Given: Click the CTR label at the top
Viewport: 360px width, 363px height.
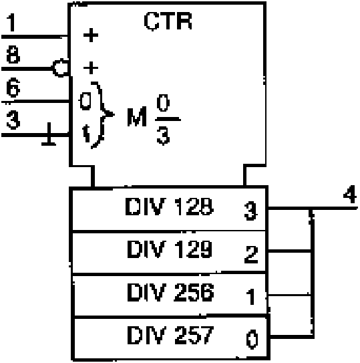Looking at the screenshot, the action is coord(168,21).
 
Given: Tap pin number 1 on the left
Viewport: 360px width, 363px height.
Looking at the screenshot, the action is coord(11,22).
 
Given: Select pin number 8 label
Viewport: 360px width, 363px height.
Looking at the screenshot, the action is coord(13,54).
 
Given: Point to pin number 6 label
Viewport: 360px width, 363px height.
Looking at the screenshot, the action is coord(13,88).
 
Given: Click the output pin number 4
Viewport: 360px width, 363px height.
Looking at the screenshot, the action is coord(350,194).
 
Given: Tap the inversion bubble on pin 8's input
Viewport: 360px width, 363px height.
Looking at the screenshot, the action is coord(61,68).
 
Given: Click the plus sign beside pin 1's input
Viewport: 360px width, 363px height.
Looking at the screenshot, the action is coord(91,35).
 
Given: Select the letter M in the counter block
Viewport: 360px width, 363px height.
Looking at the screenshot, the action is coord(137,116).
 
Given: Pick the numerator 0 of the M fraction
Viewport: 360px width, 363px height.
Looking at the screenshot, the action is coord(163,103).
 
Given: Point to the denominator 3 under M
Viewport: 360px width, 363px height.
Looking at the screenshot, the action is coord(163,136).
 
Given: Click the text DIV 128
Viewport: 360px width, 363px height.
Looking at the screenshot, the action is coord(170,207).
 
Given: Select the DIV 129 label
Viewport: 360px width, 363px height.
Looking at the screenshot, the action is coord(170,249).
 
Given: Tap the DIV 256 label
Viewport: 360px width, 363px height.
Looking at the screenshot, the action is coord(170,292).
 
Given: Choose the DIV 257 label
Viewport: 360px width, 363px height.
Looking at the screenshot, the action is coord(170,335).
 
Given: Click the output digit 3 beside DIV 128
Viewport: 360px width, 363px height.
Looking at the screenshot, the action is coord(250,211).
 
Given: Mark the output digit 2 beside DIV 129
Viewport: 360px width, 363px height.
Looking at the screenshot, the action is coord(251,255).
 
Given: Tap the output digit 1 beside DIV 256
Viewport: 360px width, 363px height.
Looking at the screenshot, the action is coord(251,297).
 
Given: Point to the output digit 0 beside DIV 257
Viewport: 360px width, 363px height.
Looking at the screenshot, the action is coord(252,340).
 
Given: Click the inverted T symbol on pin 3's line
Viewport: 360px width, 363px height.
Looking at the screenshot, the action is coord(49,134).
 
